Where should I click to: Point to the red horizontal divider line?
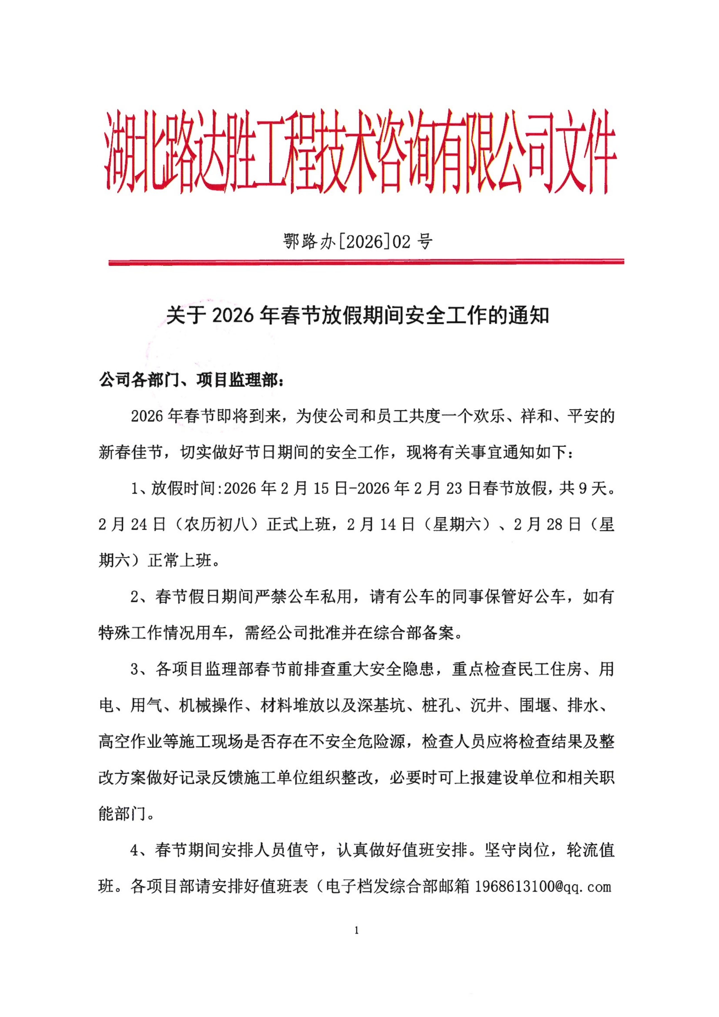tap(366, 262)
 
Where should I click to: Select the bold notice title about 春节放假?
tap(357, 315)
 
